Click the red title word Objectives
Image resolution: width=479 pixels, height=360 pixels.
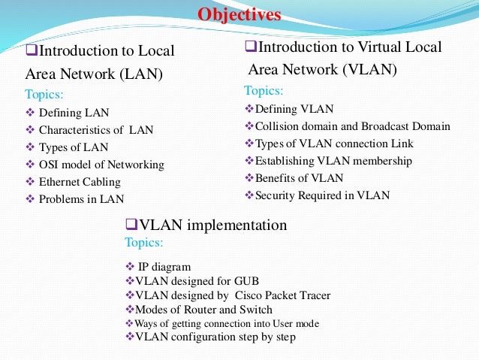point(239,14)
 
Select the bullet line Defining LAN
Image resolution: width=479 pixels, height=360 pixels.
point(74,113)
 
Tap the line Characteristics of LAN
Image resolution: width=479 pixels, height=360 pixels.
point(96,129)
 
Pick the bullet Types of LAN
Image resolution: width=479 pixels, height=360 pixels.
point(74,147)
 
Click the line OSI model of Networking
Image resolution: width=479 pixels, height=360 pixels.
point(101,164)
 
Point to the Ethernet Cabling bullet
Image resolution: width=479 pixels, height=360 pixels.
point(80,181)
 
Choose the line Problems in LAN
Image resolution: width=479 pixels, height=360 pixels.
point(81,199)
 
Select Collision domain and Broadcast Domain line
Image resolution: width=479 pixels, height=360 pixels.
point(352,126)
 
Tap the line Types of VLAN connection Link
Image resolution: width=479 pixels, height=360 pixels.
point(334,143)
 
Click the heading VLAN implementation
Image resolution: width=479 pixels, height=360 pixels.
point(211,225)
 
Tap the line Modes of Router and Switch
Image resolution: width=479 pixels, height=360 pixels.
point(203,309)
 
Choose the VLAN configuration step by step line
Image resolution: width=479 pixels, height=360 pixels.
point(215,337)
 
